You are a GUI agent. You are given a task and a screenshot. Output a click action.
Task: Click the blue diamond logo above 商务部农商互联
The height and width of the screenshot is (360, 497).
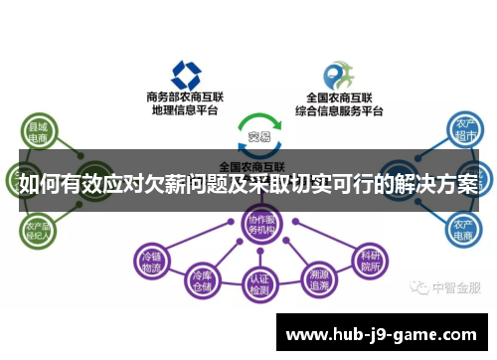[x=186, y=74]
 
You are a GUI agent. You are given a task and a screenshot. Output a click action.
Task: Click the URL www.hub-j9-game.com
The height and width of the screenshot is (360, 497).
[x=382, y=334]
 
